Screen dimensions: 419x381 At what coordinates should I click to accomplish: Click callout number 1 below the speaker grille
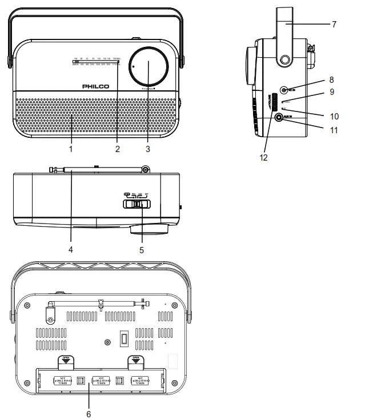pos(71,149)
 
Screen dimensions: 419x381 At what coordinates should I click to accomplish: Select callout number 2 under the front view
pos(117,149)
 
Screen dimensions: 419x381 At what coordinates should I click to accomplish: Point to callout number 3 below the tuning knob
pos(147,149)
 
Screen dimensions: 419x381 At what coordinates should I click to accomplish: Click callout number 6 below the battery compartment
pos(89,413)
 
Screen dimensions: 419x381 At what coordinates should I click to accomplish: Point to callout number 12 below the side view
pos(263,156)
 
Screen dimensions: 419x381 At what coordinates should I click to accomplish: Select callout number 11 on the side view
pos(334,130)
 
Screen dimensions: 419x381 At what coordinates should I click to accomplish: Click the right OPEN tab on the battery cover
pos(135,360)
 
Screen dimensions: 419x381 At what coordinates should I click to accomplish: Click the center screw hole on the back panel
pos(108,342)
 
